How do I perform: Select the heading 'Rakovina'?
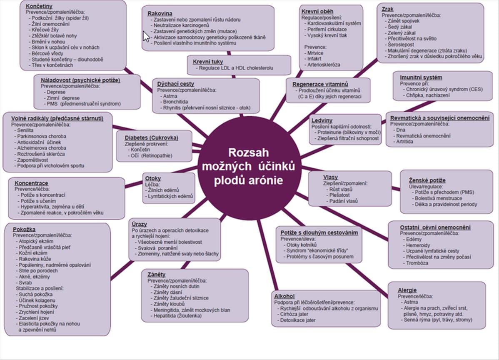click(160, 13)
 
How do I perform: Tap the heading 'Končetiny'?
click(39, 7)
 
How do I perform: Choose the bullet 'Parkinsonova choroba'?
click(42, 136)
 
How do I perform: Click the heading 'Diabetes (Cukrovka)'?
click(152, 137)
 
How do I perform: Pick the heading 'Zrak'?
click(387, 9)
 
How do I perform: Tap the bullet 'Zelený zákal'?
click(402, 32)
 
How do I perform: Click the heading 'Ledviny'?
click(322, 120)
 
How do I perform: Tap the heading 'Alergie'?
click(407, 290)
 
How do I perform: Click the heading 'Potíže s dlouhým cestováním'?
click(319, 233)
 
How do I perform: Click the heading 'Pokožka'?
click(24, 229)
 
